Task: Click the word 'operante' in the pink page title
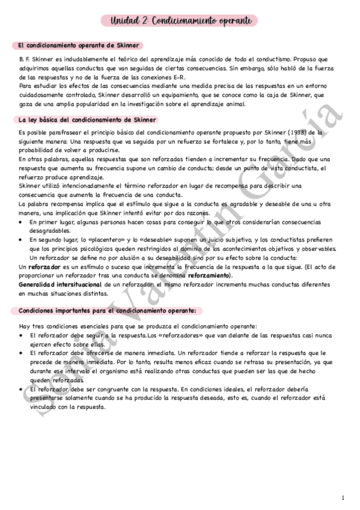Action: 231,21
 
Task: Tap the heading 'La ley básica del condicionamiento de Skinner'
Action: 87,120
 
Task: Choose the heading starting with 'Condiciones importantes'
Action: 106,310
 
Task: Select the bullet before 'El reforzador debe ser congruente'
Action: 22,390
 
